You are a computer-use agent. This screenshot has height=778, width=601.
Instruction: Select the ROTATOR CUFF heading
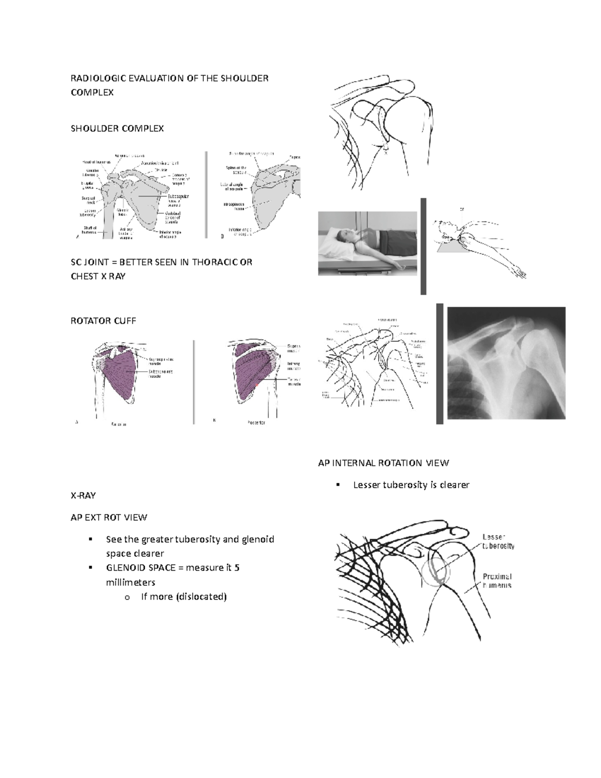[x=103, y=321]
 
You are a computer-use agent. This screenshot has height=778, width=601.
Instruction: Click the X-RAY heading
[x=83, y=495]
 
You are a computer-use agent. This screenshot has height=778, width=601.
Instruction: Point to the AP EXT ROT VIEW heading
[x=109, y=517]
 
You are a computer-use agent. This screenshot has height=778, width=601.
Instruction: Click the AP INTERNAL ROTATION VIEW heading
[x=384, y=463]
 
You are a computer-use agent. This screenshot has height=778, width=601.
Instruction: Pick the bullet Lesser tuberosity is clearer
[x=411, y=485]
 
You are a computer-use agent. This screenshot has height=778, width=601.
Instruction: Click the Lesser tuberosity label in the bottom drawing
[x=498, y=541]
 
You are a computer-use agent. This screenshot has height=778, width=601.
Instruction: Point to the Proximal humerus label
[x=497, y=581]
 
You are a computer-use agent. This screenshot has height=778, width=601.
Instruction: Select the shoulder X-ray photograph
[x=506, y=363]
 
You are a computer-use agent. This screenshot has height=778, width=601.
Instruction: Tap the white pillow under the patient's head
[x=336, y=244]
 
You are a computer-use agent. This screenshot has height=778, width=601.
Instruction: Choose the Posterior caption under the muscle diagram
[x=256, y=423]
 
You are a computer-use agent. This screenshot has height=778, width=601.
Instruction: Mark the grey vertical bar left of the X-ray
[x=440, y=363]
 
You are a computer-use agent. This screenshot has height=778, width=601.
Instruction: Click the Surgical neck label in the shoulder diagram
[x=89, y=200]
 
